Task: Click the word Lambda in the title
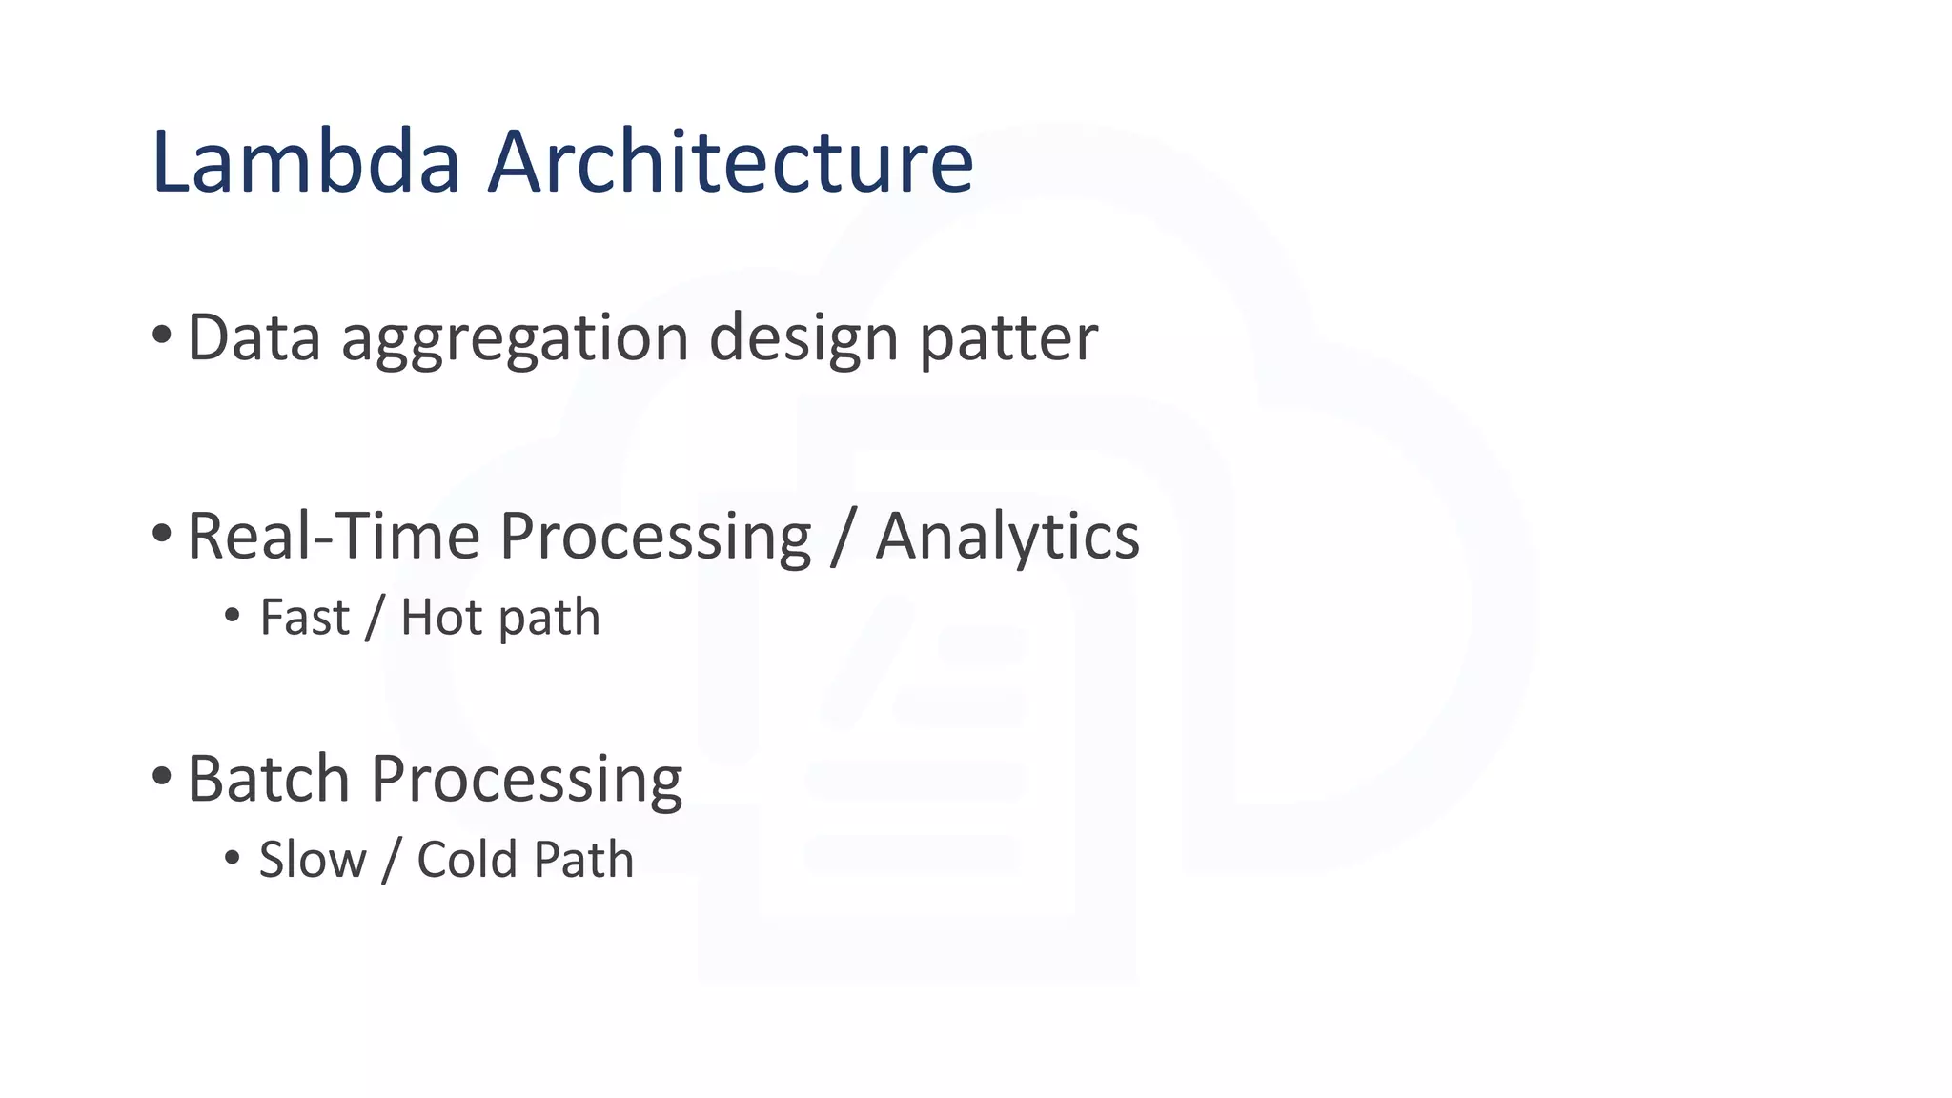coord(306,161)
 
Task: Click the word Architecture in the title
coord(730,161)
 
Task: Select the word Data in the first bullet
coord(254,337)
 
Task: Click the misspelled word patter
coord(1007,339)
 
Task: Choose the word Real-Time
coord(334,536)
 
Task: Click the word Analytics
coord(1006,538)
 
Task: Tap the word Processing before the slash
coord(655,538)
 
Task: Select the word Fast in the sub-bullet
coord(304,618)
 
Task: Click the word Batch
coord(269,779)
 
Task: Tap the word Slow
coord(313,860)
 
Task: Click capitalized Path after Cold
coord(582,860)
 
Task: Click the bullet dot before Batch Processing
coord(161,776)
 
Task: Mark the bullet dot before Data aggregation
coord(161,335)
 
